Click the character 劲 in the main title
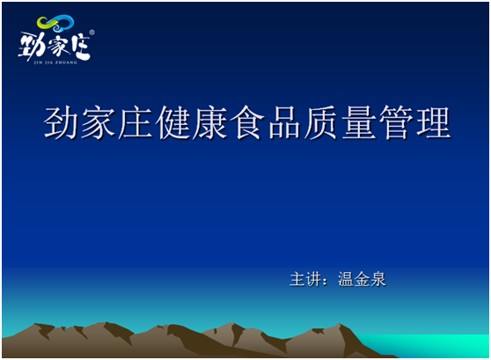coord(62,123)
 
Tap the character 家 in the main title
coord(99,123)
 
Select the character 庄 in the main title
coord(136,123)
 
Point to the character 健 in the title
coord(173,123)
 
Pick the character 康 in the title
coord(210,123)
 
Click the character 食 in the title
coord(247,123)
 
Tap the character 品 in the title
coord(284,123)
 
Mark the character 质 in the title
coord(321,123)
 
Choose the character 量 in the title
coord(358,123)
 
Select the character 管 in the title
coord(395,123)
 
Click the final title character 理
coord(432,123)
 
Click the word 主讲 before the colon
coord(304,279)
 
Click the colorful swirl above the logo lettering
coord(55,26)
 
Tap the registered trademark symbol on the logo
coord(92,33)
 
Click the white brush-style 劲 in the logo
coord(32,47)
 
